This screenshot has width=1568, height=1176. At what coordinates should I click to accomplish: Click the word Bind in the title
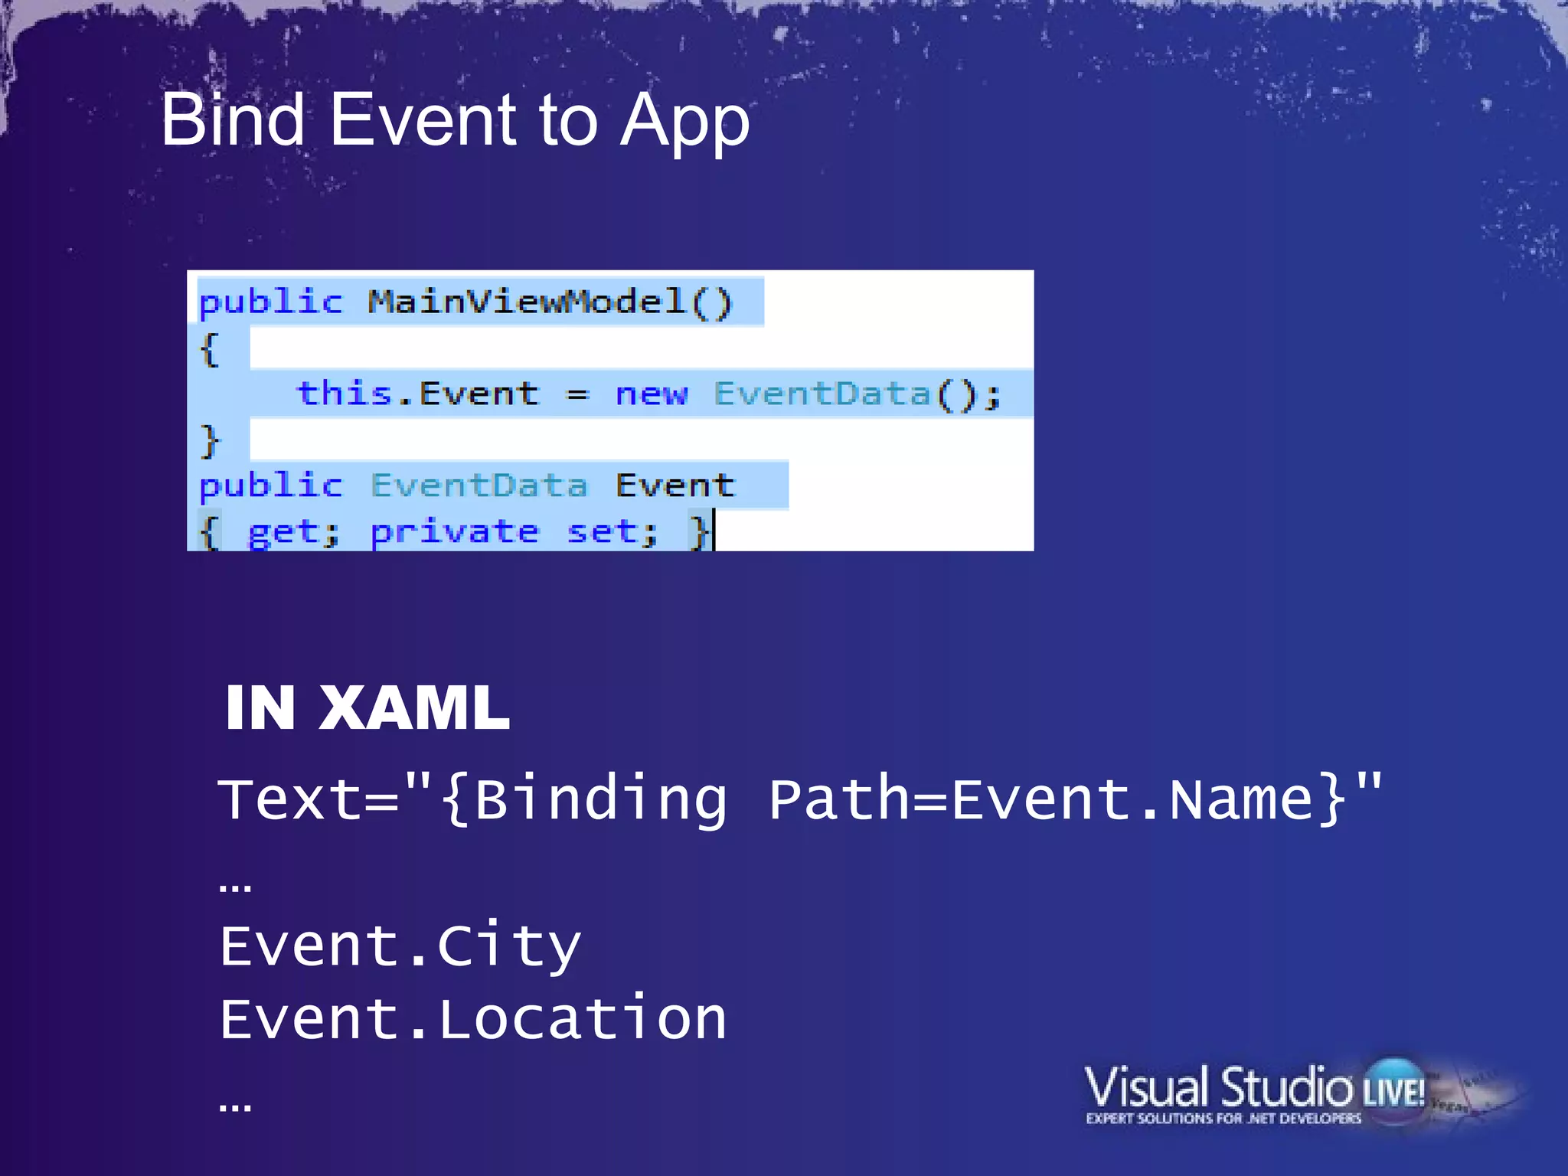tap(233, 120)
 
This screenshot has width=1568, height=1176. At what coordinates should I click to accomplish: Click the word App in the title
tap(684, 122)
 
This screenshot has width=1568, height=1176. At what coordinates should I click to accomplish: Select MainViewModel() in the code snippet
tap(550, 302)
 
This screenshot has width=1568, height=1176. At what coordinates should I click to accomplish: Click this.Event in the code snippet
tap(418, 394)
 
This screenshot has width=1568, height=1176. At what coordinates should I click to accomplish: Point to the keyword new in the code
tap(651, 394)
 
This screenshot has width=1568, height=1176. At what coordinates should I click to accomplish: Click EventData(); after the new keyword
tap(857, 394)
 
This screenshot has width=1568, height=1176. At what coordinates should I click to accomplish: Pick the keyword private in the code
tap(455, 531)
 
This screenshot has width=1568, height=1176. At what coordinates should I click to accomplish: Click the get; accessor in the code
tap(293, 531)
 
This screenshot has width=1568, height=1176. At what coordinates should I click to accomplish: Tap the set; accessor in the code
tap(612, 531)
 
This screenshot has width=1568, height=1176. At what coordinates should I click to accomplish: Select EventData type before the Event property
tap(479, 485)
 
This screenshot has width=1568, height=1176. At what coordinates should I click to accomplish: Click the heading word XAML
tap(413, 708)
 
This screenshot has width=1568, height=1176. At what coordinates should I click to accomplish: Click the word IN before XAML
tap(260, 708)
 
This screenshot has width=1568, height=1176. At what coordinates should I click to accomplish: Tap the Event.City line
tap(400, 946)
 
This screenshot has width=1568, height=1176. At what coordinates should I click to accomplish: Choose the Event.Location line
tap(472, 1019)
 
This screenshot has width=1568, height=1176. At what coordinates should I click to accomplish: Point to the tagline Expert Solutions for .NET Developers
tap(1223, 1119)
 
